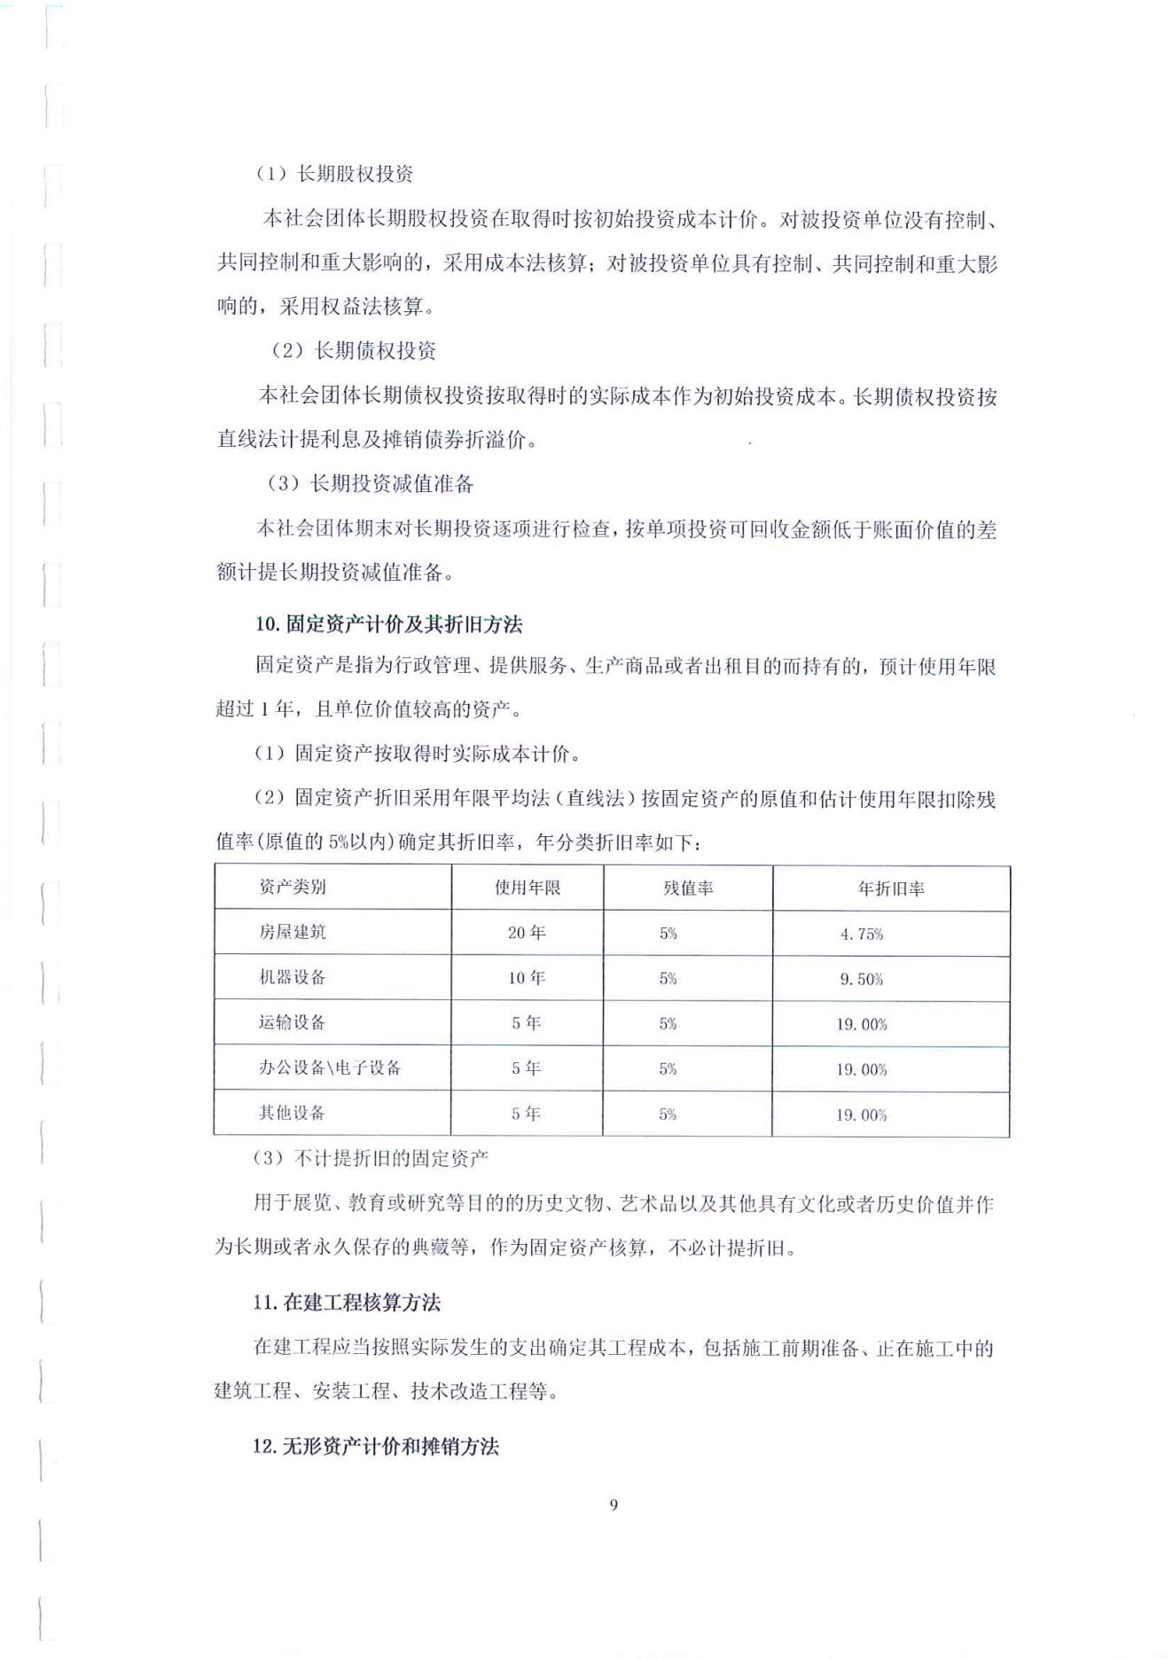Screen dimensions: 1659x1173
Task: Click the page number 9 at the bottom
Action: (614, 1505)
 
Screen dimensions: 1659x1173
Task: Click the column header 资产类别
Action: (293, 887)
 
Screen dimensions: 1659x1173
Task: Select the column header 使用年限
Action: (528, 888)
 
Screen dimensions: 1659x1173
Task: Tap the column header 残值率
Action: (688, 888)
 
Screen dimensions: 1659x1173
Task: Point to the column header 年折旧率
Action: (891, 888)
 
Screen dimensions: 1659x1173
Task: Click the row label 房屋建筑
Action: (293, 932)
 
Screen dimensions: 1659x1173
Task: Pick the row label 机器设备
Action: (293, 977)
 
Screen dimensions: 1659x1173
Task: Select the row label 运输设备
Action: (293, 1022)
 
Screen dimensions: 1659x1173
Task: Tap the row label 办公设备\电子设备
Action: (330, 1068)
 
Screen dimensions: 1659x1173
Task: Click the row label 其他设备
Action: (293, 1113)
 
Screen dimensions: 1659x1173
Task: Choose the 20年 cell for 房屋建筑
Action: (527, 933)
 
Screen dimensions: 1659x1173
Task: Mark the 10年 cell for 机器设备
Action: (527, 978)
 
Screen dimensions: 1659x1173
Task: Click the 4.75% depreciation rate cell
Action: (862, 934)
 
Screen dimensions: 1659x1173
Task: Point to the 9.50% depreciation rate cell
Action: (862, 979)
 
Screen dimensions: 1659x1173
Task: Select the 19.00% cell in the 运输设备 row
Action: (862, 1024)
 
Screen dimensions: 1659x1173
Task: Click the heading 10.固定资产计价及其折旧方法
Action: (389, 624)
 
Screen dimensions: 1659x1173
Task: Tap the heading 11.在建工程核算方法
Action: (347, 1303)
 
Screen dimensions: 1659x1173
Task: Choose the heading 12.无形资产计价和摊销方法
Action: (376, 1446)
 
